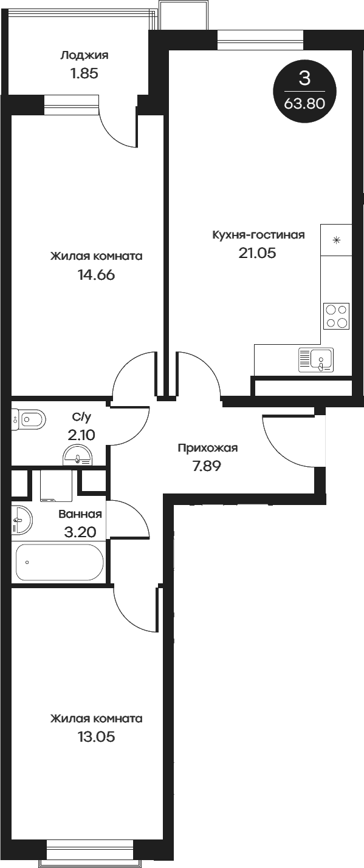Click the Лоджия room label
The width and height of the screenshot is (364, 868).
[x=84, y=56]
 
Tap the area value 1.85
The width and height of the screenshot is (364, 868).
[x=84, y=74]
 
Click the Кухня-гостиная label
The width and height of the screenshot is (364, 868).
[x=258, y=235]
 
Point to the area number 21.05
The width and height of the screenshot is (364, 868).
[x=257, y=253]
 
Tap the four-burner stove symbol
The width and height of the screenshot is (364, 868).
[x=337, y=316]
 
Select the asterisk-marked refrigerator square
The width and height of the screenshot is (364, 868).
[x=337, y=239]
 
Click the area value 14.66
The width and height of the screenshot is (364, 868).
[x=96, y=274]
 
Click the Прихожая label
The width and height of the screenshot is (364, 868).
[x=207, y=448]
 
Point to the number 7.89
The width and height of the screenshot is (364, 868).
[x=207, y=466]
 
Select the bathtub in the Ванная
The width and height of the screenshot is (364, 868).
[x=59, y=562]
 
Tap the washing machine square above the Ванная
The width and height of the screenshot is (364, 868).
[x=56, y=486]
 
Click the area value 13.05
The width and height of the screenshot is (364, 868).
[x=96, y=737]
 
